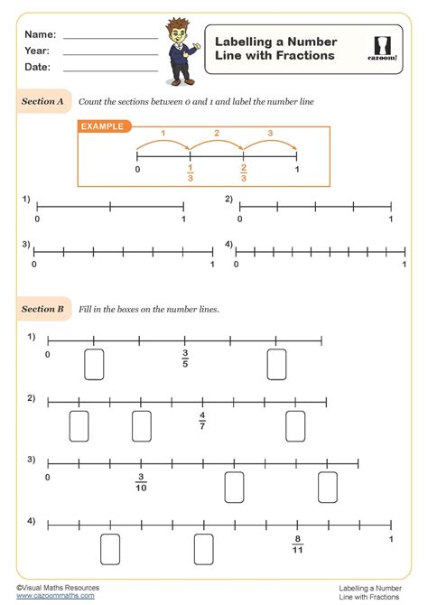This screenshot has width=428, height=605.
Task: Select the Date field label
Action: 38,67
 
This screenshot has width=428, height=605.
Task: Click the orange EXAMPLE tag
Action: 105,126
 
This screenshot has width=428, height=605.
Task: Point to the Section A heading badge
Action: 43,102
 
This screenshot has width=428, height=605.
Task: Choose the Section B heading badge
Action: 43,309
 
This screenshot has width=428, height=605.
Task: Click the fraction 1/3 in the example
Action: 190,173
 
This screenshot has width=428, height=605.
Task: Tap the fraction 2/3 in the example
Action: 244,173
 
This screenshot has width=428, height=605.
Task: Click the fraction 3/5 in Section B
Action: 185,358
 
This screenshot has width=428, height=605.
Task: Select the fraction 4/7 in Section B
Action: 202,420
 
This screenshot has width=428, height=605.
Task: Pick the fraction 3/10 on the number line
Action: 141,481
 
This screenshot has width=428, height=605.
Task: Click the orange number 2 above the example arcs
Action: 217,134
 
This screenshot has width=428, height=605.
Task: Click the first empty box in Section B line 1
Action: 94,364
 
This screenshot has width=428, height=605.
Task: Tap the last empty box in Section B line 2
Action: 295,425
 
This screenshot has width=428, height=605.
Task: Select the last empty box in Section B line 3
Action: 328,487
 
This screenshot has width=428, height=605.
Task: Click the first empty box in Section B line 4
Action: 110,548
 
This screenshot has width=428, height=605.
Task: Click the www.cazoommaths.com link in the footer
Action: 55,596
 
